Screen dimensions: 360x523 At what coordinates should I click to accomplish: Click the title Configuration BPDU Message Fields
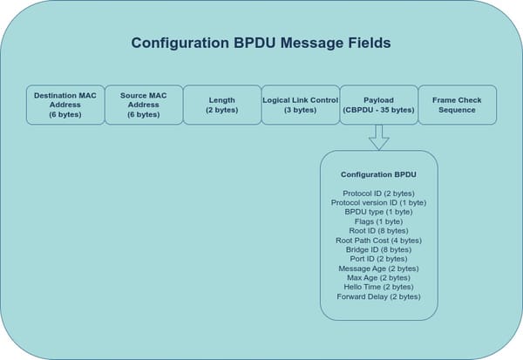(x=261, y=43)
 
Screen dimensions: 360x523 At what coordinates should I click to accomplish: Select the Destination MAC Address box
(x=65, y=105)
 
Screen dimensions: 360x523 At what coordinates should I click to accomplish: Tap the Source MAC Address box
(x=144, y=105)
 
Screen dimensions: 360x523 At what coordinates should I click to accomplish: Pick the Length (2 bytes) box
(x=222, y=105)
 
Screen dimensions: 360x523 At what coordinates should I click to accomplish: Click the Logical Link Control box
(x=300, y=105)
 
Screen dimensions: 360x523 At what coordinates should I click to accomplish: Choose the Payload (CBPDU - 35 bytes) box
(x=378, y=105)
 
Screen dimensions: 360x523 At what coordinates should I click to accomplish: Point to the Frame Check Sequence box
(x=457, y=105)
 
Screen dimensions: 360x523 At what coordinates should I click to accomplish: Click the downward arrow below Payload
(x=378, y=136)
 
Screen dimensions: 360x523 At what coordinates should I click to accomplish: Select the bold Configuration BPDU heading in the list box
(x=378, y=174)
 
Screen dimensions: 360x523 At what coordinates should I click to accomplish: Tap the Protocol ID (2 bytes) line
(x=378, y=193)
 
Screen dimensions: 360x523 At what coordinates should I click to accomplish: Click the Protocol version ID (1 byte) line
(x=378, y=202)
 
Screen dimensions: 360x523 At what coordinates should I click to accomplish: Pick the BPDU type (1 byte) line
(x=378, y=212)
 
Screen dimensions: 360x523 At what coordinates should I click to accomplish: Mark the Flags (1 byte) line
(x=378, y=221)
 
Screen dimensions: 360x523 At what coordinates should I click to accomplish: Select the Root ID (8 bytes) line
(x=378, y=231)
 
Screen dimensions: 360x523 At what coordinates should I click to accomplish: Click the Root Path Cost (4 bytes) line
(x=378, y=240)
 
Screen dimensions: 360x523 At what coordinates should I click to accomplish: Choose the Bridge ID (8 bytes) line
(x=378, y=249)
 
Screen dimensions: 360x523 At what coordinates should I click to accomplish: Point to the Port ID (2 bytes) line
(x=378, y=259)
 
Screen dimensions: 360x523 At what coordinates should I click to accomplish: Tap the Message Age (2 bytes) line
(x=378, y=268)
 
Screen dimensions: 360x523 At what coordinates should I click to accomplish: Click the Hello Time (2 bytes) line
(x=378, y=287)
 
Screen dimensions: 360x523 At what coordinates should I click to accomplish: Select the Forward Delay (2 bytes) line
(x=378, y=296)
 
